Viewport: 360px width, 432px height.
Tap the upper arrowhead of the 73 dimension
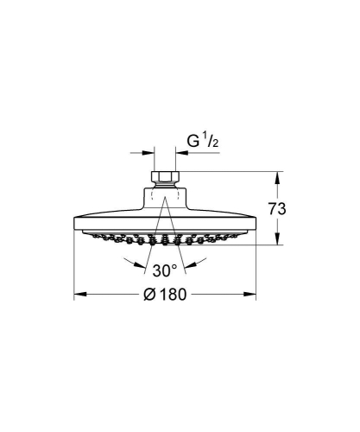click(277, 176)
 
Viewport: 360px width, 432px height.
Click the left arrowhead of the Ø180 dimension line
click(77, 295)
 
